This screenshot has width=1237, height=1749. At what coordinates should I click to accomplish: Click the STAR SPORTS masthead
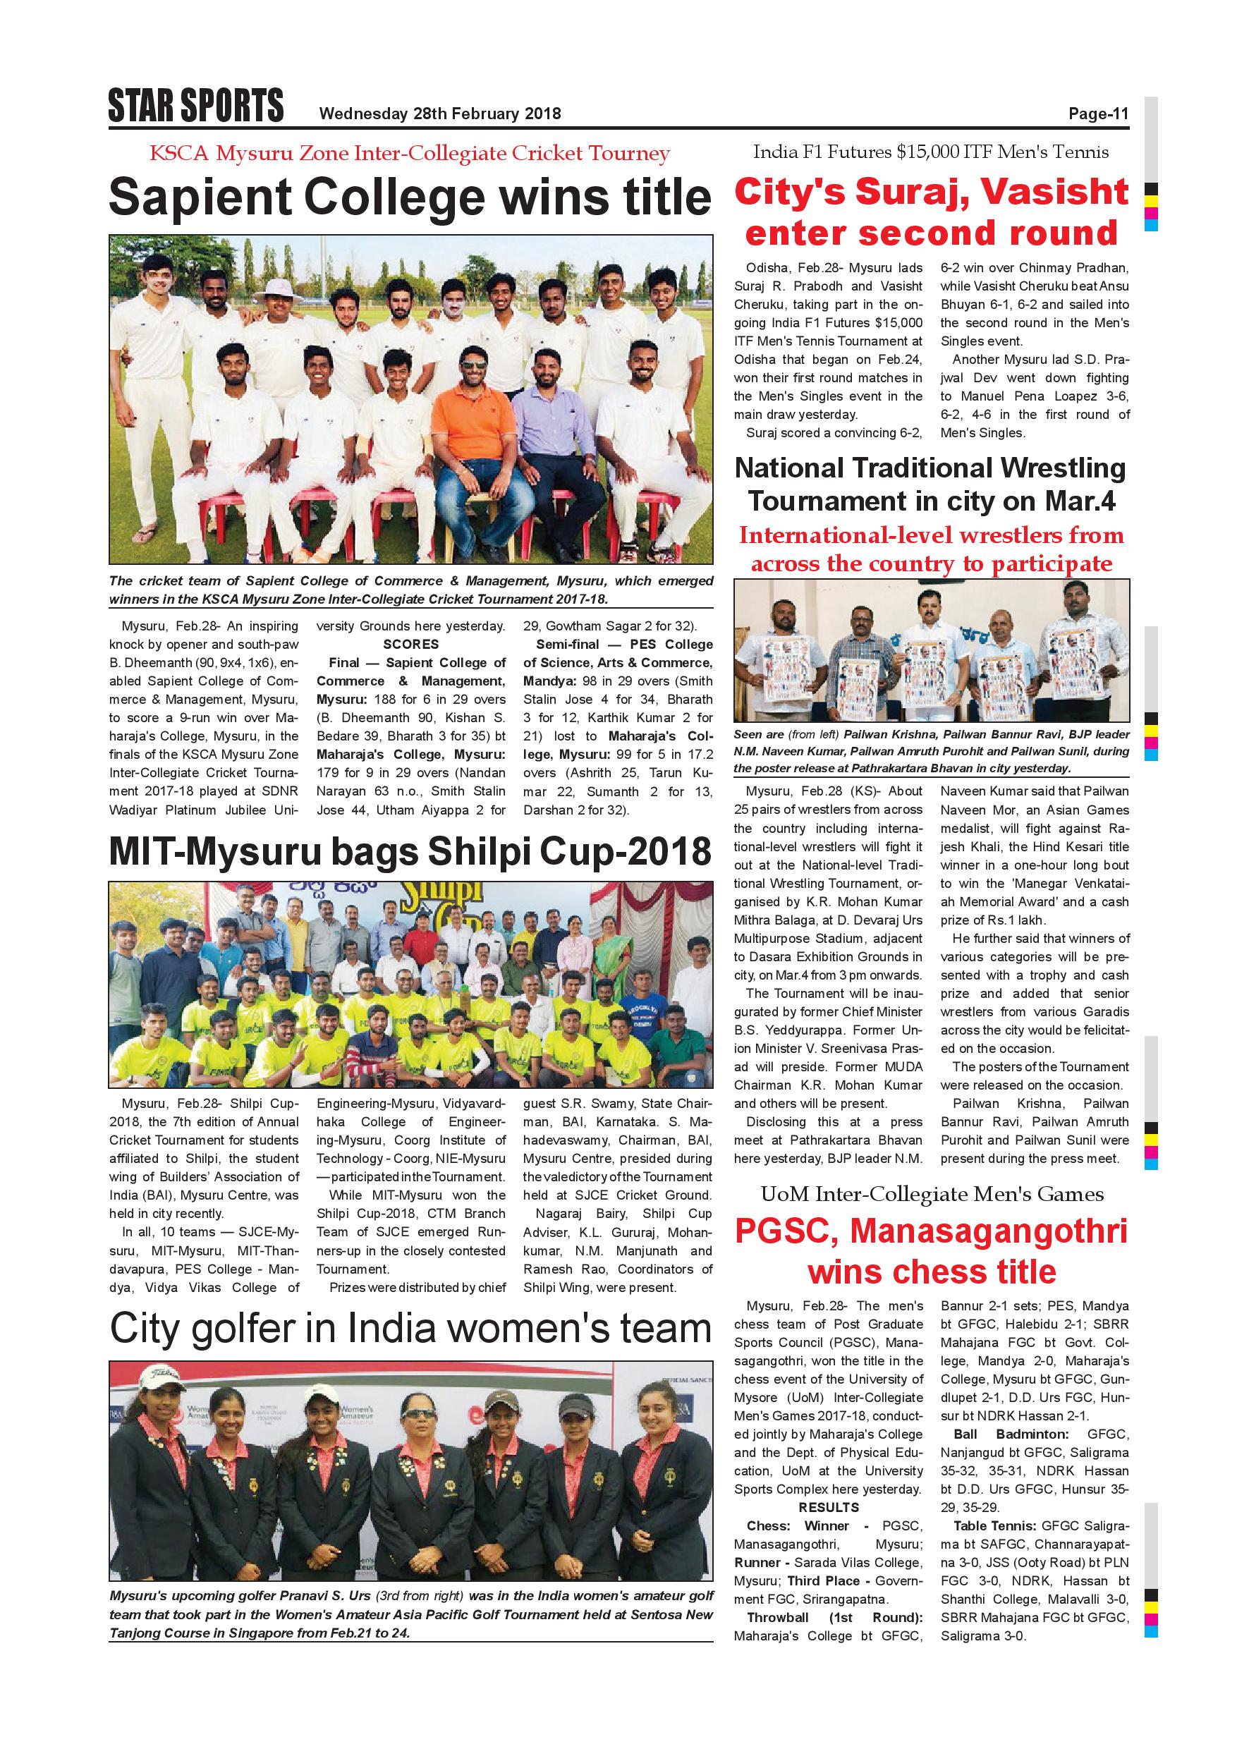click(x=196, y=106)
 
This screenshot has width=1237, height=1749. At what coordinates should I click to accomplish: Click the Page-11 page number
click(x=1097, y=114)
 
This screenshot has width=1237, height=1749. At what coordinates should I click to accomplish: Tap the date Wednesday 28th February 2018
click(x=439, y=114)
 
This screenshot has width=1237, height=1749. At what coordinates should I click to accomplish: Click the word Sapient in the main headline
click(x=200, y=198)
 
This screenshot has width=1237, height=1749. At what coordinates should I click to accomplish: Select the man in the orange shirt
click(x=473, y=427)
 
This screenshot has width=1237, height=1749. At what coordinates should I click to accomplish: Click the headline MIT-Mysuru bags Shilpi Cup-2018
click(x=410, y=852)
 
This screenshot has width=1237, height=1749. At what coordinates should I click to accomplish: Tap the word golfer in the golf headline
click(x=273, y=1329)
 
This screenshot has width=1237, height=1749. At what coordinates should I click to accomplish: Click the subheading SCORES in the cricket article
click(x=410, y=645)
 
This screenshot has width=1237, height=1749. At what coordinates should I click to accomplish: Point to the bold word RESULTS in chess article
click(x=828, y=1508)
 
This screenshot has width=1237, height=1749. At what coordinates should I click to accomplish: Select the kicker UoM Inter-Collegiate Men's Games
click(x=932, y=1195)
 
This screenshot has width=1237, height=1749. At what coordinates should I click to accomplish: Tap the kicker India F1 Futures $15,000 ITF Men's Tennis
click(x=931, y=152)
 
